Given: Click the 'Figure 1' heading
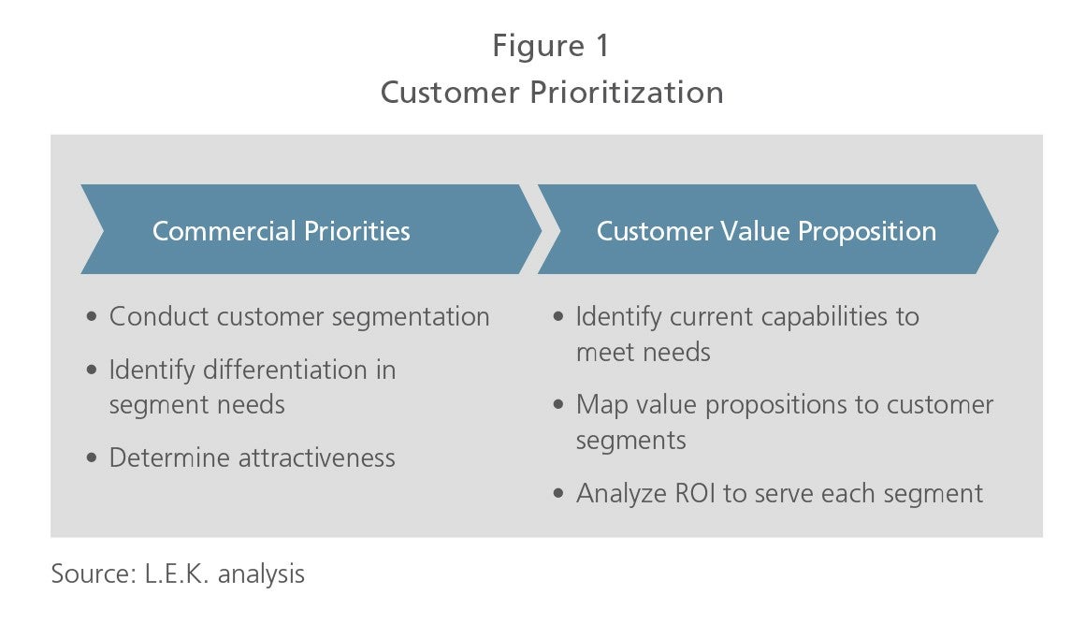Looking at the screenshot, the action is (x=551, y=47).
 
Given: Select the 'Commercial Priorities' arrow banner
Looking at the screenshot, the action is (x=311, y=229).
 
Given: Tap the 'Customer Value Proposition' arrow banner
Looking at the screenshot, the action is (x=768, y=229).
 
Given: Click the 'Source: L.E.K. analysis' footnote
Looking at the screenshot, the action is (x=178, y=574).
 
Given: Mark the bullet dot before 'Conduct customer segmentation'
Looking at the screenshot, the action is (x=93, y=316).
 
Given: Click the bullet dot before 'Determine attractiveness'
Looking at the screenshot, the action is (x=93, y=457).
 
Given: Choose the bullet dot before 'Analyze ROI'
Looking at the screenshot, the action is (x=558, y=493).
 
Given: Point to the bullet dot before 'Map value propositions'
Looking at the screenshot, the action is (x=558, y=404).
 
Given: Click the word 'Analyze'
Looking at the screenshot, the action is (x=622, y=494).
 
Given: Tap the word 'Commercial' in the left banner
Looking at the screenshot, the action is (x=224, y=231).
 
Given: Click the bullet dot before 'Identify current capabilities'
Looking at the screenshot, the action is (x=558, y=316).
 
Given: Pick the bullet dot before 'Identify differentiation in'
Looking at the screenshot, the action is (x=93, y=370).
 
